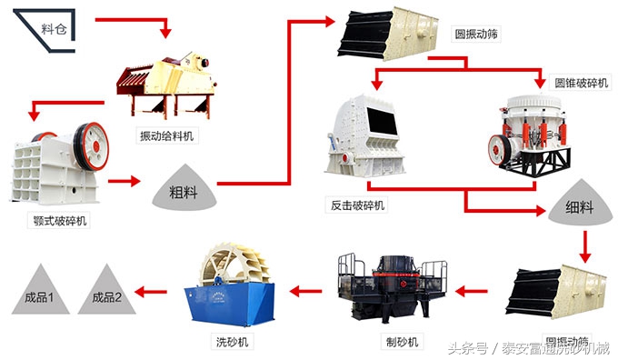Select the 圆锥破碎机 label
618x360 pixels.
581,83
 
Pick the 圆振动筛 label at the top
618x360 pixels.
477,35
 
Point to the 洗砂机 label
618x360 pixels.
230,341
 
